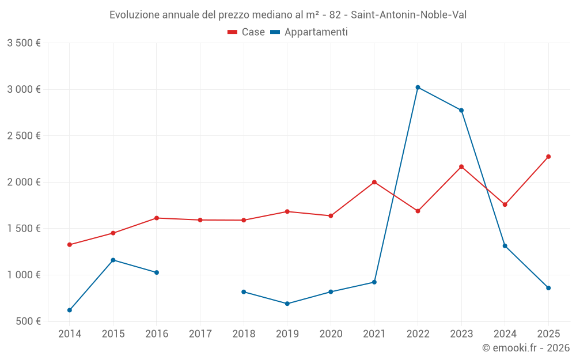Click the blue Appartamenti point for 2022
[x=418, y=88]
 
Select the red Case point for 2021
[x=374, y=182]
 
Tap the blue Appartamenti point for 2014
[x=70, y=310]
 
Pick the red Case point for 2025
[x=548, y=157]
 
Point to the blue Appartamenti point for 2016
[x=157, y=272]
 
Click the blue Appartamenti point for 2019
[x=287, y=304]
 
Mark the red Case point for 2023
[x=461, y=167]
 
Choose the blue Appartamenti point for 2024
[x=505, y=246]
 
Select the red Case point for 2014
[x=70, y=245]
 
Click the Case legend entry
[x=247, y=32]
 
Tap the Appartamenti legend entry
[x=309, y=32]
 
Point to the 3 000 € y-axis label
[x=24, y=89]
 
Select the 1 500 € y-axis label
[x=24, y=229]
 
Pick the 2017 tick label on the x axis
[x=200, y=334]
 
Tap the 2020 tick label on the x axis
[x=331, y=334]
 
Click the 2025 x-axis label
[x=548, y=334]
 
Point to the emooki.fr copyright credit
[x=526, y=348]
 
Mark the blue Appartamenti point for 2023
[x=461, y=111]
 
